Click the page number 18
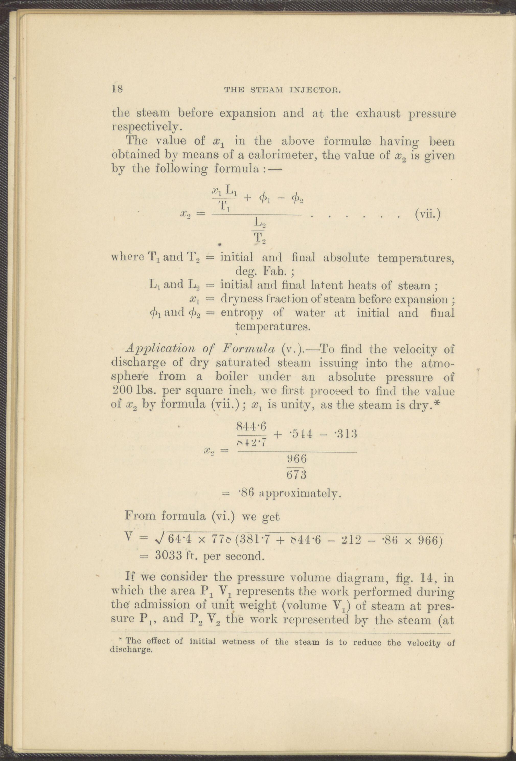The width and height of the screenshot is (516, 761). pos(117,89)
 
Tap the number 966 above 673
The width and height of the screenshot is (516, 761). pos(296,459)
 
